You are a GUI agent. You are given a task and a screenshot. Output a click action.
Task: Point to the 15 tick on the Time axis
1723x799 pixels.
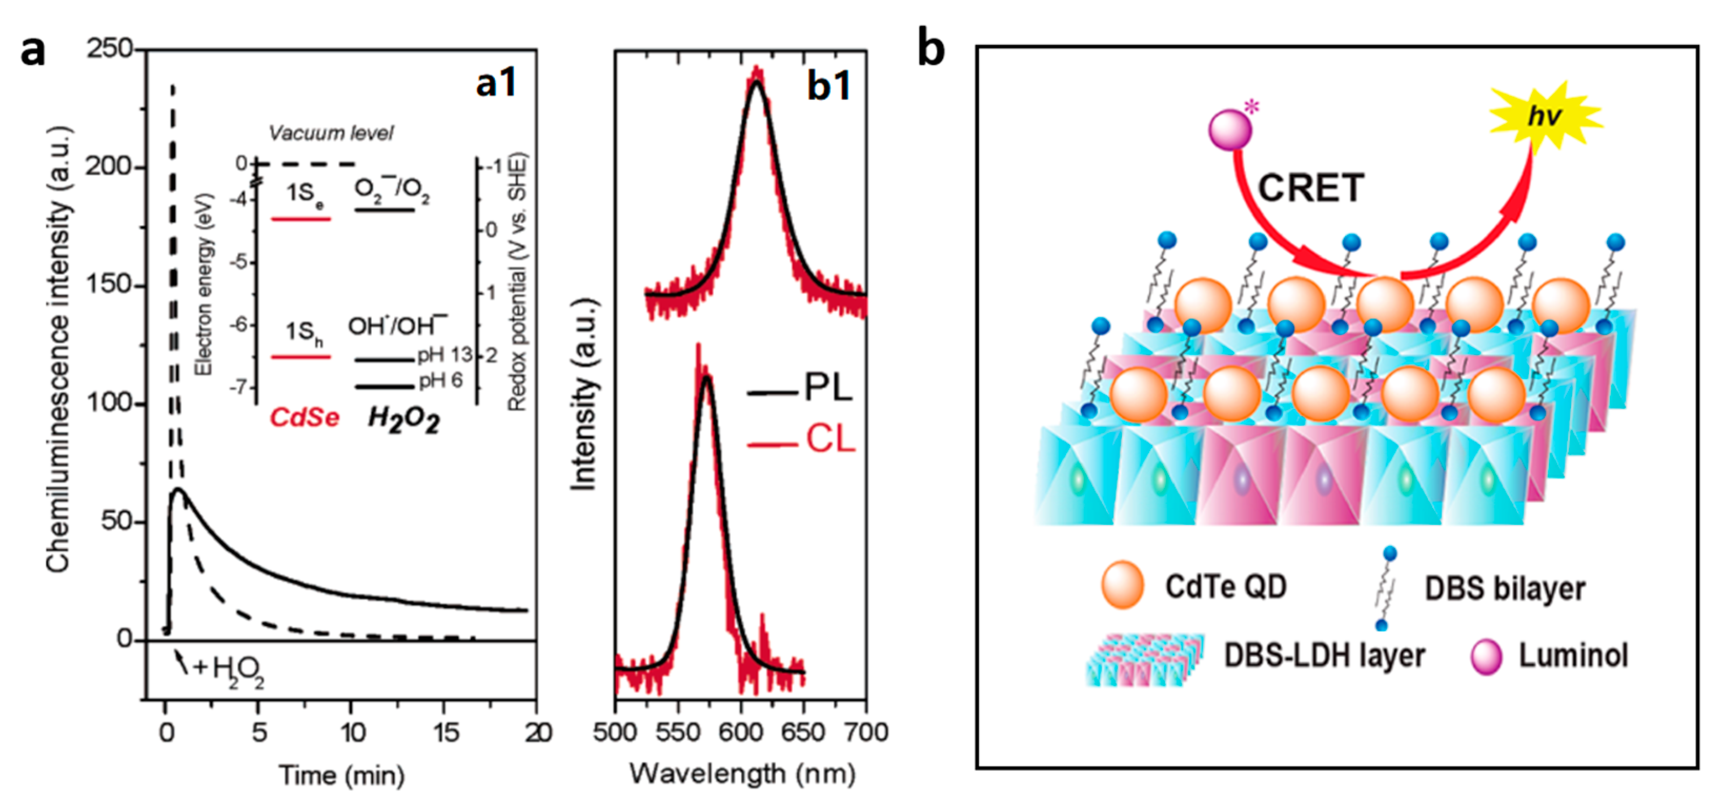pos(445,733)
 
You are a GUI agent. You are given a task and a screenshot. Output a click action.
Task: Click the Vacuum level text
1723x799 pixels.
pos(331,133)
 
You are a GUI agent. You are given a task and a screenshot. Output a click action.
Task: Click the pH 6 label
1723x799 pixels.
pos(440,381)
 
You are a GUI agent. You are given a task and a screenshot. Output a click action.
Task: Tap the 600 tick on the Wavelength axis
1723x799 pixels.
pos(741,733)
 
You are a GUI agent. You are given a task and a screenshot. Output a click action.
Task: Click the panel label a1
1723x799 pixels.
pos(496,84)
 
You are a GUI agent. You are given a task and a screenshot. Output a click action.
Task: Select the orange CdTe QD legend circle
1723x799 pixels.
pos(1123,585)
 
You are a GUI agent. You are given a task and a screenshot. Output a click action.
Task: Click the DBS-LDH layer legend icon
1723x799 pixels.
pos(1144,659)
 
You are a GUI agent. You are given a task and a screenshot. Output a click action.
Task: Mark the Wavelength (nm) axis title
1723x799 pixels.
pos(743,774)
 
